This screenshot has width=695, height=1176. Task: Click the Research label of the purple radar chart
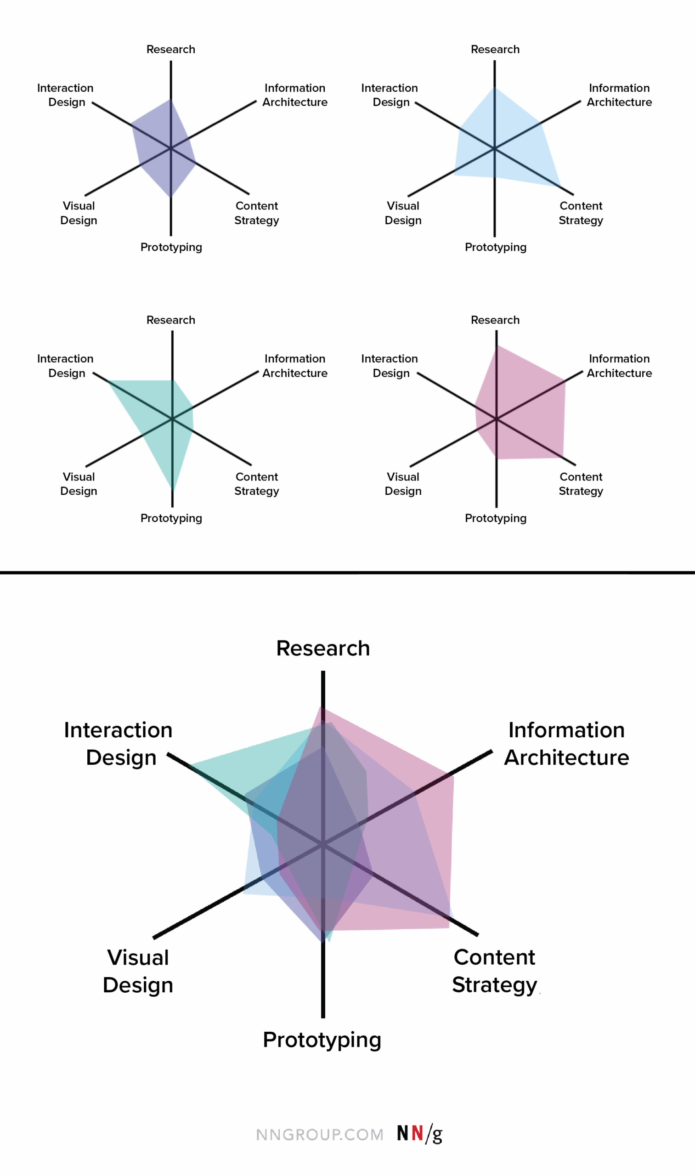(170, 49)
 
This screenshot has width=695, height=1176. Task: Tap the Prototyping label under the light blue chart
(496, 247)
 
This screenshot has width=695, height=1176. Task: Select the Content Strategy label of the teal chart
(257, 483)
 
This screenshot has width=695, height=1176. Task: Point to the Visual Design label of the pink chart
(403, 483)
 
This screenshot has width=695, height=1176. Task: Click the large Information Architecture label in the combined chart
(566, 743)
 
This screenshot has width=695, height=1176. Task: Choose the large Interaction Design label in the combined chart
(119, 743)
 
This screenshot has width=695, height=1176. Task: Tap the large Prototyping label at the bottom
(322, 1039)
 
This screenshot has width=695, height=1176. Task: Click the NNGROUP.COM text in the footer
(320, 1134)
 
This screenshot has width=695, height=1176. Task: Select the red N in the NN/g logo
(417, 1133)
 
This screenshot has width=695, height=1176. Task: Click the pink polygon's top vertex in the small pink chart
(497, 345)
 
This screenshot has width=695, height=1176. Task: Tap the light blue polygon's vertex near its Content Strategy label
(560, 187)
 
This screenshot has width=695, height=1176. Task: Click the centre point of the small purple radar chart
(171, 148)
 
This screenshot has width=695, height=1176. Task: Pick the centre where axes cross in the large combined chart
(322, 844)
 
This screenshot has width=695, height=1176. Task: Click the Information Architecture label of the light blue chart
(619, 95)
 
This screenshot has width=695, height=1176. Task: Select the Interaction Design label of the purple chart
(66, 95)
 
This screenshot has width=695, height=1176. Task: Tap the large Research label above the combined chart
(322, 648)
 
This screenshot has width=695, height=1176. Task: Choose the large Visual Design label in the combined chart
(138, 971)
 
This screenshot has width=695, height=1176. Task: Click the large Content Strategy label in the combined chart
(494, 970)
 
